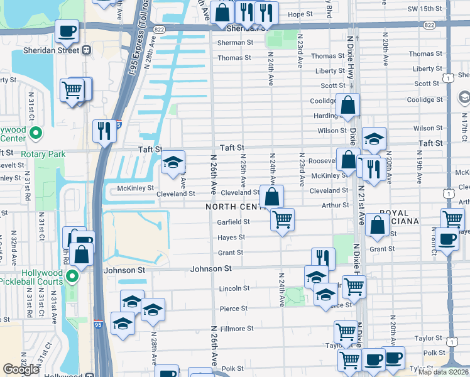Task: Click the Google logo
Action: [21, 369]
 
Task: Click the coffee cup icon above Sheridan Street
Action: [67, 31]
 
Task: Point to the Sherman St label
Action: [235, 43]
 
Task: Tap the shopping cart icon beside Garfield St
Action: [283, 220]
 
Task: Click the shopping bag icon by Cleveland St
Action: [271, 197]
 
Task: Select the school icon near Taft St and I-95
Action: [173, 163]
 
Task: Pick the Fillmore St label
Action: [236, 328]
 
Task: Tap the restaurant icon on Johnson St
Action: [323, 258]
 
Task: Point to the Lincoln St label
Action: [234, 288]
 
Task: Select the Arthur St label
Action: [336, 205]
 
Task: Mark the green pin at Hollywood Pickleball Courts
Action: [73, 276]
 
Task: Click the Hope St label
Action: [300, 14]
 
